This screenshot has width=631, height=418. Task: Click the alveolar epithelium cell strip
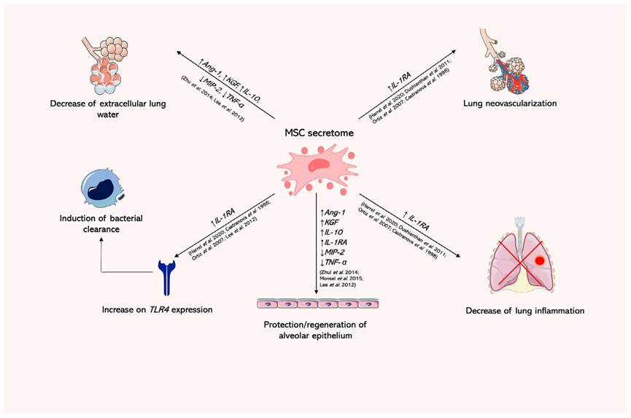(316, 304)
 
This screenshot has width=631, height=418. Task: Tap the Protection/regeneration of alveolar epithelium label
(316, 330)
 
